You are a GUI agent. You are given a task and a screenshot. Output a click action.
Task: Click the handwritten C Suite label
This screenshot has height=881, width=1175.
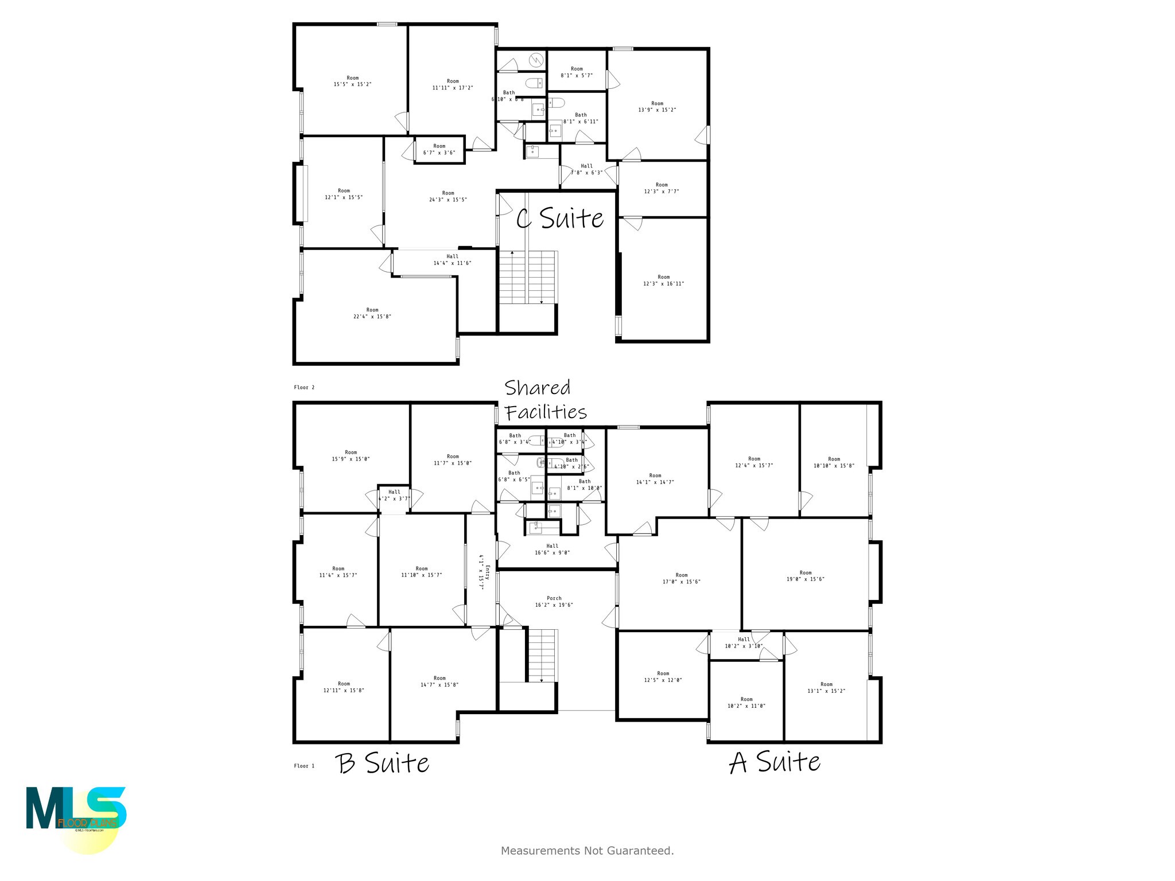click(x=560, y=219)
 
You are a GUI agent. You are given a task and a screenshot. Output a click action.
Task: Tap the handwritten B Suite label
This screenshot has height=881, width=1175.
click(x=382, y=763)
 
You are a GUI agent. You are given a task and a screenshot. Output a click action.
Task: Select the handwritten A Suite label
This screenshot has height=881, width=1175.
click(x=775, y=762)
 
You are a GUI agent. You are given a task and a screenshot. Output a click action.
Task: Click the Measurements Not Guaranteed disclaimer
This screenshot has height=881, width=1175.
click(x=587, y=851)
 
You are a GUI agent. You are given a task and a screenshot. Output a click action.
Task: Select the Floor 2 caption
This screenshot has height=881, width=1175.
click(x=304, y=387)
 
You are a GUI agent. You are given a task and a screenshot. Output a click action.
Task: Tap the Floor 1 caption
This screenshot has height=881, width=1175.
click(x=304, y=766)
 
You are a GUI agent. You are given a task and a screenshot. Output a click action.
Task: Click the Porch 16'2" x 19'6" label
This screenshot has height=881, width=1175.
click(x=554, y=602)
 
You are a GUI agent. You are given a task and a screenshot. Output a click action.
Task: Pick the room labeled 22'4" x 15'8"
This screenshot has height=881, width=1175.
click(x=372, y=313)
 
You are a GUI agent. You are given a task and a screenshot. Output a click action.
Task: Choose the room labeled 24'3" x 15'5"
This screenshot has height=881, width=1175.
click(x=448, y=197)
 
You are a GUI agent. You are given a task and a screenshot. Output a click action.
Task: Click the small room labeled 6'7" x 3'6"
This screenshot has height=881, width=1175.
click(x=439, y=150)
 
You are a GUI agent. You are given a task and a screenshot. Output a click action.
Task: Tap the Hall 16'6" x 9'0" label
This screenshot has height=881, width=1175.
click(x=553, y=549)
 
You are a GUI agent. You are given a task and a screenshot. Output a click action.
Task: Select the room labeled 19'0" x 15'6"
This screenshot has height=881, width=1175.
click(x=806, y=576)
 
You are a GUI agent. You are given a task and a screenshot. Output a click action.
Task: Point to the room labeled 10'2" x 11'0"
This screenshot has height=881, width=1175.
click(x=746, y=703)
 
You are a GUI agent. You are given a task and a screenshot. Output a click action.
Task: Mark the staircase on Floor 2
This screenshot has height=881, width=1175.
click(x=527, y=277)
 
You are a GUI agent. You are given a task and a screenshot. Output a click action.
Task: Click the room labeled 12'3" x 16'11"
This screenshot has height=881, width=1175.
click(x=664, y=280)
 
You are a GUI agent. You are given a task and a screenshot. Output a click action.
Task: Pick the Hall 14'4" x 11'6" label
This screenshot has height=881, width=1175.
click(x=452, y=260)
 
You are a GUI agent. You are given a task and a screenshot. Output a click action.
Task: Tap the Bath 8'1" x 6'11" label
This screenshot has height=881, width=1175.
click(x=581, y=118)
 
